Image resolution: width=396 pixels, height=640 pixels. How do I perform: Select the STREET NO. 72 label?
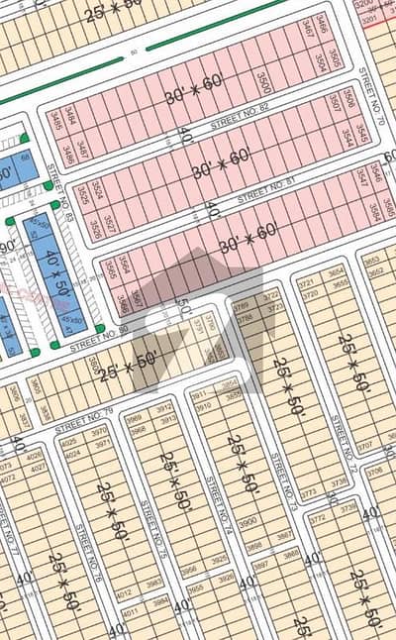pos(342,442)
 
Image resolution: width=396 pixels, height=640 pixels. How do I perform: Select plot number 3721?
pos(309,283)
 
